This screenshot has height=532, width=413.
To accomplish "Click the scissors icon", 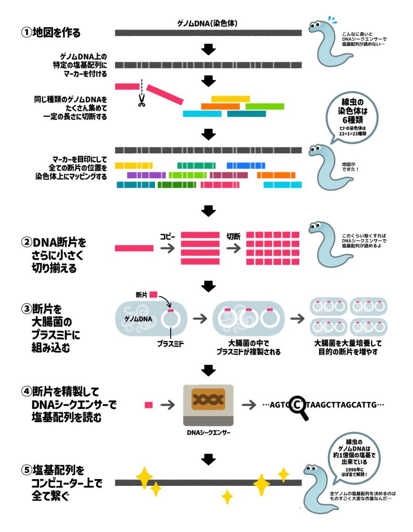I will point(140,101).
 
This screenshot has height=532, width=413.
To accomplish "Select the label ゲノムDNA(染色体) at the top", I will point(208,23).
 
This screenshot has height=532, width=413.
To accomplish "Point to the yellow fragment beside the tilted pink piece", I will point(230,98).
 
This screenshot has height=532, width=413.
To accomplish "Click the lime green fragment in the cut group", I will point(265,106).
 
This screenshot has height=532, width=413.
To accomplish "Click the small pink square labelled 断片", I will point(153,295).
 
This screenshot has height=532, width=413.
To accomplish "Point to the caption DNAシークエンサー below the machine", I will point(208,432).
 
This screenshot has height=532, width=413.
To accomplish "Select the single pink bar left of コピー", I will point(134,248).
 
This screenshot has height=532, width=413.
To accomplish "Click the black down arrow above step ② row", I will point(208,210).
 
